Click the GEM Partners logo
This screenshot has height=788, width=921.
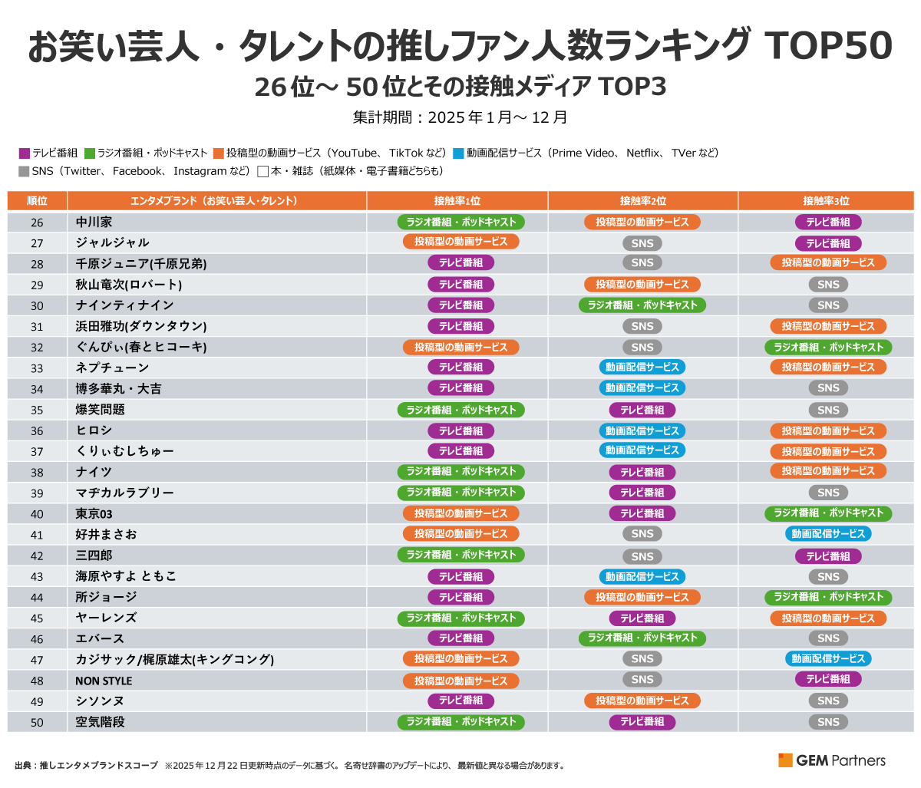[832, 760]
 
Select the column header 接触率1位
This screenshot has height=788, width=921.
[457, 201]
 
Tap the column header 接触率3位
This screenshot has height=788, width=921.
[826, 201]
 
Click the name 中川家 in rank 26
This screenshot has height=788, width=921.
[94, 222]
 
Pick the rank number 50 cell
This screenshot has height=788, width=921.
[37, 722]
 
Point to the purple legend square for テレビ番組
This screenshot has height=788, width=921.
[24, 153]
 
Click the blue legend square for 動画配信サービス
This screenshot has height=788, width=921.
[459, 153]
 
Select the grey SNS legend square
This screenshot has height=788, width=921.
[24, 172]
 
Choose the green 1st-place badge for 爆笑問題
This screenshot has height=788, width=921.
[460, 410]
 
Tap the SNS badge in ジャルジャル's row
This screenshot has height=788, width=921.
[642, 243]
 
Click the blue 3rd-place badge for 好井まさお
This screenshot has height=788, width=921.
[828, 534]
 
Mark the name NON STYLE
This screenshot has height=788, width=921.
[104, 681]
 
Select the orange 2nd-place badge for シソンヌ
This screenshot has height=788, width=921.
[642, 701]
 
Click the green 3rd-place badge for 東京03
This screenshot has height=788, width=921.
[828, 513]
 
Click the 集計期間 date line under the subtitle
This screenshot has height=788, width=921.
[460, 117]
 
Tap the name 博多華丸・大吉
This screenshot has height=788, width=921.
[119, 388]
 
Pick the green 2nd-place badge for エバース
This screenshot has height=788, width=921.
[642, 638]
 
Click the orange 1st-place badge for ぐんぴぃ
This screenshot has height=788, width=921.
[460, 347]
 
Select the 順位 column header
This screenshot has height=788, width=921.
[37, 201]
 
